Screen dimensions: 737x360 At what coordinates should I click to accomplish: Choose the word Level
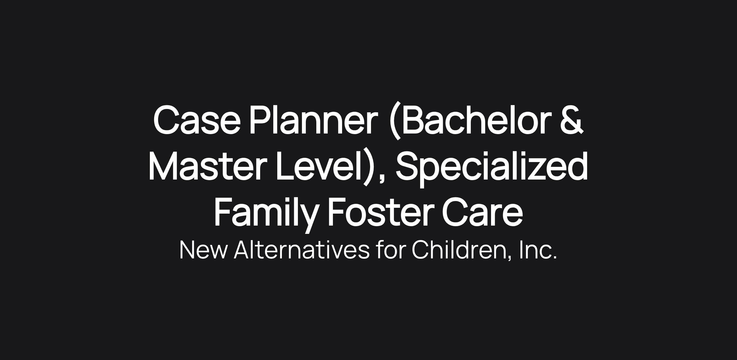pyautogui.click(x=319, y=165)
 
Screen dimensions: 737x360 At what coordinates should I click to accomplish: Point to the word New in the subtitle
pyautogui.click(x=204, y=250)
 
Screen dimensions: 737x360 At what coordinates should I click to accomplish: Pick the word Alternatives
pyautogui.click(x=302, y=250)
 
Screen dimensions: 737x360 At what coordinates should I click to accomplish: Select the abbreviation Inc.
pyautogui.click(x=538, y=250)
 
